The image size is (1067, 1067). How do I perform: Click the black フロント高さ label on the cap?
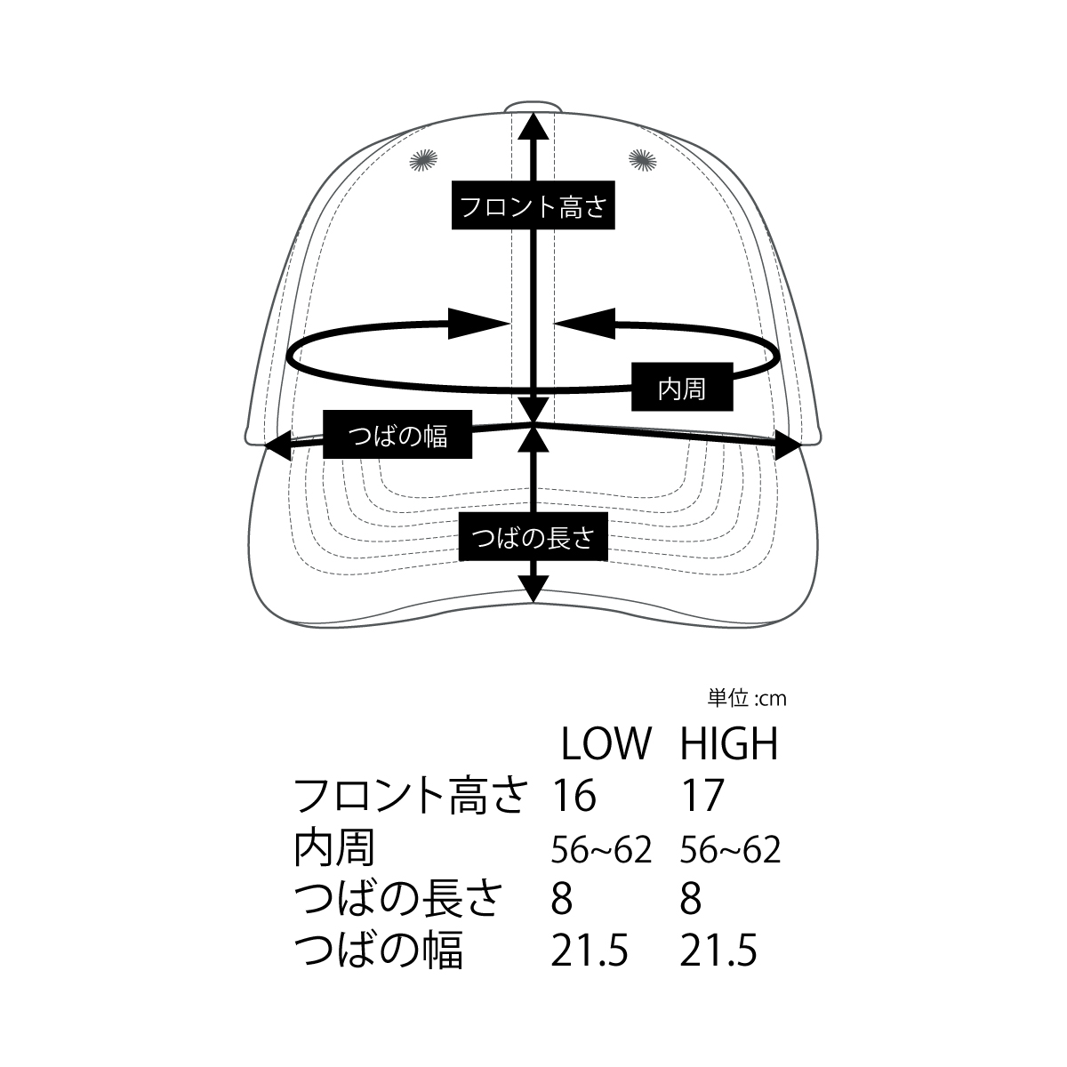[x=533, y=205]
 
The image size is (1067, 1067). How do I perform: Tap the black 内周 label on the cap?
[x=682, y=387]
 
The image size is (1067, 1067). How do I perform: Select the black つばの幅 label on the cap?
[x=397, y=434]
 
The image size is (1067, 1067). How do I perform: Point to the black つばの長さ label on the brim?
[x=533, y=536]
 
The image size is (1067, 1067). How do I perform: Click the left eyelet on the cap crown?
[x=423, y=161]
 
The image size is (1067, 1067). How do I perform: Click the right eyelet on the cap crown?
[x=642, y=160]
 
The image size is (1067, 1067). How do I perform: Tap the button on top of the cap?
[x=533, y=106]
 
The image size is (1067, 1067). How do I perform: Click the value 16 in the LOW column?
[x=574, y=795]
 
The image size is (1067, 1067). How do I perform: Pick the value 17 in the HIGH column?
[x=702, y=795]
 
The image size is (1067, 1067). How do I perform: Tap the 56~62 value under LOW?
[x=601, y=850]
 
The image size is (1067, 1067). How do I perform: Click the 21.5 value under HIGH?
[x=718, y=951]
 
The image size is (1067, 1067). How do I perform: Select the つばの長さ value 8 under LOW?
[x=561, y=899]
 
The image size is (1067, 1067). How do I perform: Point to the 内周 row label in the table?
[x=334, y=847]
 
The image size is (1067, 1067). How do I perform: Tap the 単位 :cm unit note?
[x=746, y=699]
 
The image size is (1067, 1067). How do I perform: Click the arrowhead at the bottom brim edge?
[x=533, y=589]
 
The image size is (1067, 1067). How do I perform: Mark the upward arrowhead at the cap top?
[x=533, y=125]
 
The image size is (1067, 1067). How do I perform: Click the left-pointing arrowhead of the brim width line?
[x=278, y=445]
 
